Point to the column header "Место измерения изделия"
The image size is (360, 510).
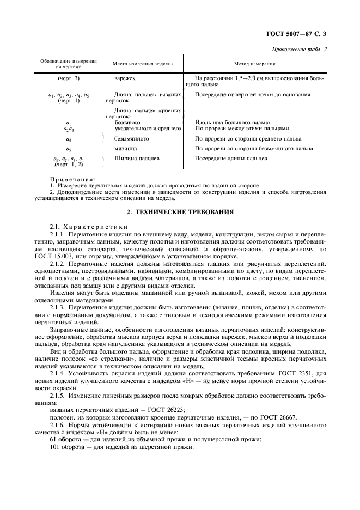(x=143, y=64)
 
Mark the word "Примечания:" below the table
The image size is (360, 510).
(x=72, y=179)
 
